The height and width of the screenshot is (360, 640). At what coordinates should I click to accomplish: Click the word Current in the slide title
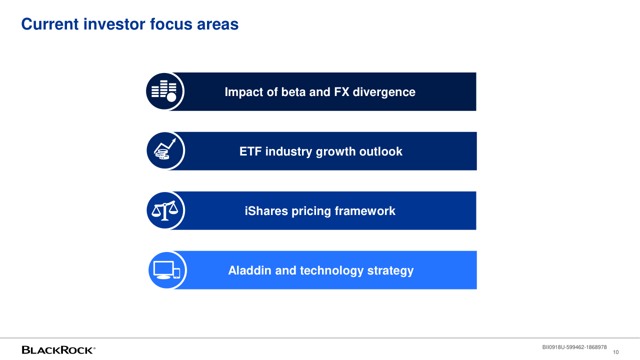50,24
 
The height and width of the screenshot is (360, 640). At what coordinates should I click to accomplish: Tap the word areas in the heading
217,24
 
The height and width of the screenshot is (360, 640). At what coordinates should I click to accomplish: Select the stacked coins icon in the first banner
164,91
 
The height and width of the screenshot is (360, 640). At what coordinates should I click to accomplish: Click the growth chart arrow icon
165,149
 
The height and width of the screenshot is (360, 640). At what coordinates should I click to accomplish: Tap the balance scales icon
165,210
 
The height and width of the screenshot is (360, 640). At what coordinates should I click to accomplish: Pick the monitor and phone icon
167,270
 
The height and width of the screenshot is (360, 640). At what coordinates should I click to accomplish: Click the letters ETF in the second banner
250,151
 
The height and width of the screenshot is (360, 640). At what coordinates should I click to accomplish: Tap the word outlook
380,151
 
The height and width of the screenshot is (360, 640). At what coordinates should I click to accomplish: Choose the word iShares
266,211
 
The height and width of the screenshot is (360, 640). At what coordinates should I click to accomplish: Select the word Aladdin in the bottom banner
249,270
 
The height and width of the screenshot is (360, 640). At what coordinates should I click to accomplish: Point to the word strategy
390,271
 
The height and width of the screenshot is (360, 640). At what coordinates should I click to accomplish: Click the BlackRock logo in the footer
58,350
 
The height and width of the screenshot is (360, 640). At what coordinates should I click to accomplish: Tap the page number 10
615,352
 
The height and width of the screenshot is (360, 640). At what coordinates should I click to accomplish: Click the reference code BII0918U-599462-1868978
574,347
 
